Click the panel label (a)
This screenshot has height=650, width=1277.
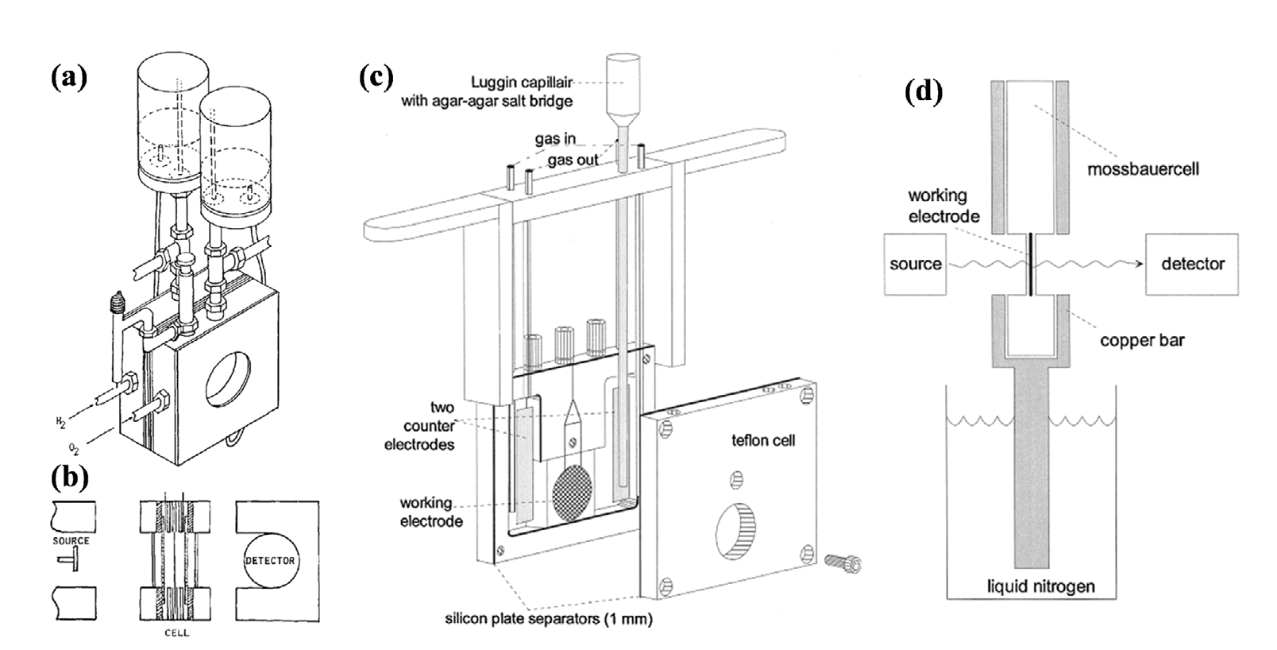pyautogui.click(x=69, y=78)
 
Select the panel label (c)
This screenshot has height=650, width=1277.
pyautogui.click(x=376, y=78)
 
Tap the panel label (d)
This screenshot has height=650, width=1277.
pyautogui.click(x=924, y=92)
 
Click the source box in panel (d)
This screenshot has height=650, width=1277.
pyautogui.click(x=915, y=264)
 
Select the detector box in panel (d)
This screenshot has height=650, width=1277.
pyautogui.click(x=1192, y=264)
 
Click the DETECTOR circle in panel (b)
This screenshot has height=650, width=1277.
pyautogui.click(x=270, y=561)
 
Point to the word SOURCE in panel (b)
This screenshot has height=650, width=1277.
pyautogui.click(x=71, y=540)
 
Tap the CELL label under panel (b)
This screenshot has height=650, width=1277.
pyautogui.click(x=177, y=633)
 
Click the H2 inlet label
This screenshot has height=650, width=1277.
pyautogui.click(x=60, y=423)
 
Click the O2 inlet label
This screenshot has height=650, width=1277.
pyautogui.click(x=74, y=449)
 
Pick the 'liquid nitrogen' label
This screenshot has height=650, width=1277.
pyautogui.click(x=1041, y=586)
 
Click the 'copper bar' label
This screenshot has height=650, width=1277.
pyautogui.click(x=1143, y=340)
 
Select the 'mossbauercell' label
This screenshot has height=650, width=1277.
pyautogui.click(x=1143, y=169)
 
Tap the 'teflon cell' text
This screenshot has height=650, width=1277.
pyautogui.click(x=763, y=440)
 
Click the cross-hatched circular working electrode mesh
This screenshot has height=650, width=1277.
pyautogui.click(x=573, y=492)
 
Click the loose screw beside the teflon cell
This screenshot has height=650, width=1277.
pyautogui.click(x=843, y=563)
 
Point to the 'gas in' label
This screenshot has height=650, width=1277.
pyautogui.click(x=555, y=139)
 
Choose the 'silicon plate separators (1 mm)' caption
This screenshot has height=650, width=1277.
pyautogui.click(x=549, y=619)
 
